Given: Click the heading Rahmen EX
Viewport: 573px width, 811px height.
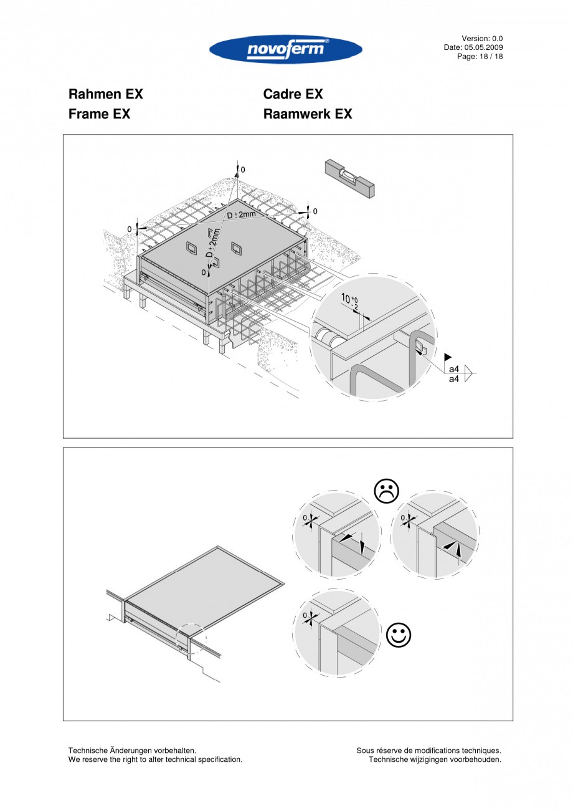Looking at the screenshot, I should coord(105,94).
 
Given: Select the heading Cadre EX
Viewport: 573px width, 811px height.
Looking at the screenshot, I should coord(293,94).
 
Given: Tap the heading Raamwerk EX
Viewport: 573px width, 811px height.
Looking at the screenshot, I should coord(307,114).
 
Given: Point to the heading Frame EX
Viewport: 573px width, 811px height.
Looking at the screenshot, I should coord(99,114).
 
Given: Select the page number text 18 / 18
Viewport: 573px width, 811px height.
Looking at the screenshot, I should coord(490,56).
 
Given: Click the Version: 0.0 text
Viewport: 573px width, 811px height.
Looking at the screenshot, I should coord(482,39).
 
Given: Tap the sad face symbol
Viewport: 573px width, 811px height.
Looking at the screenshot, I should coord(386,491).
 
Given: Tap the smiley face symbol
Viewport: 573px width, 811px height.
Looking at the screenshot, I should coord(399,635).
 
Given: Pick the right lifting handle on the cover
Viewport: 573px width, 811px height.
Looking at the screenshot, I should coord(237,248).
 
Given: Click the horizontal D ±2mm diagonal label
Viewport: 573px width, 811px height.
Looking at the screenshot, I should coord(242,215).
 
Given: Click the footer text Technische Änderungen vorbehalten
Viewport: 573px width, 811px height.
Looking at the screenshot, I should coord(132,751).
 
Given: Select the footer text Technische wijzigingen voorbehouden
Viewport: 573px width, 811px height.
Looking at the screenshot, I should coord(435,759).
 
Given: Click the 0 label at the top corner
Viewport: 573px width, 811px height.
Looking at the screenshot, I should coord(243,170).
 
